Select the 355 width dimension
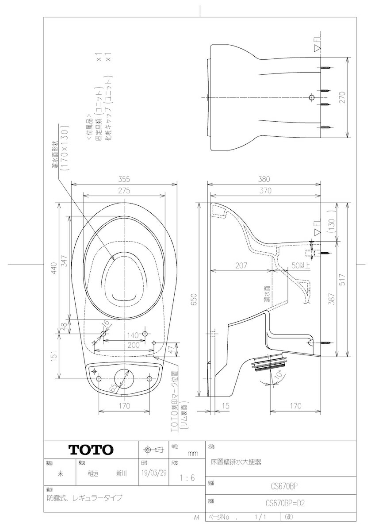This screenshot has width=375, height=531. (x=124, y=179)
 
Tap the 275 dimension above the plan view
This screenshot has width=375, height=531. (x=124, y=191)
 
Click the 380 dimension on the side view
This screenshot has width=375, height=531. (x=264, y=179)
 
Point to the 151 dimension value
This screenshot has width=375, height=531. (x=54, y=356)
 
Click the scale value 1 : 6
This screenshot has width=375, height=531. (x=187, y=478)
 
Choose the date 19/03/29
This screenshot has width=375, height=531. (x=154, y=473)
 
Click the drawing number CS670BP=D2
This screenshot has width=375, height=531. (x=286, y=503)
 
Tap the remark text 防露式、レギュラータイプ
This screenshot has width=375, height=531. (x=85, y=497)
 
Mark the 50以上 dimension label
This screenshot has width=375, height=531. (x=301, y=265)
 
